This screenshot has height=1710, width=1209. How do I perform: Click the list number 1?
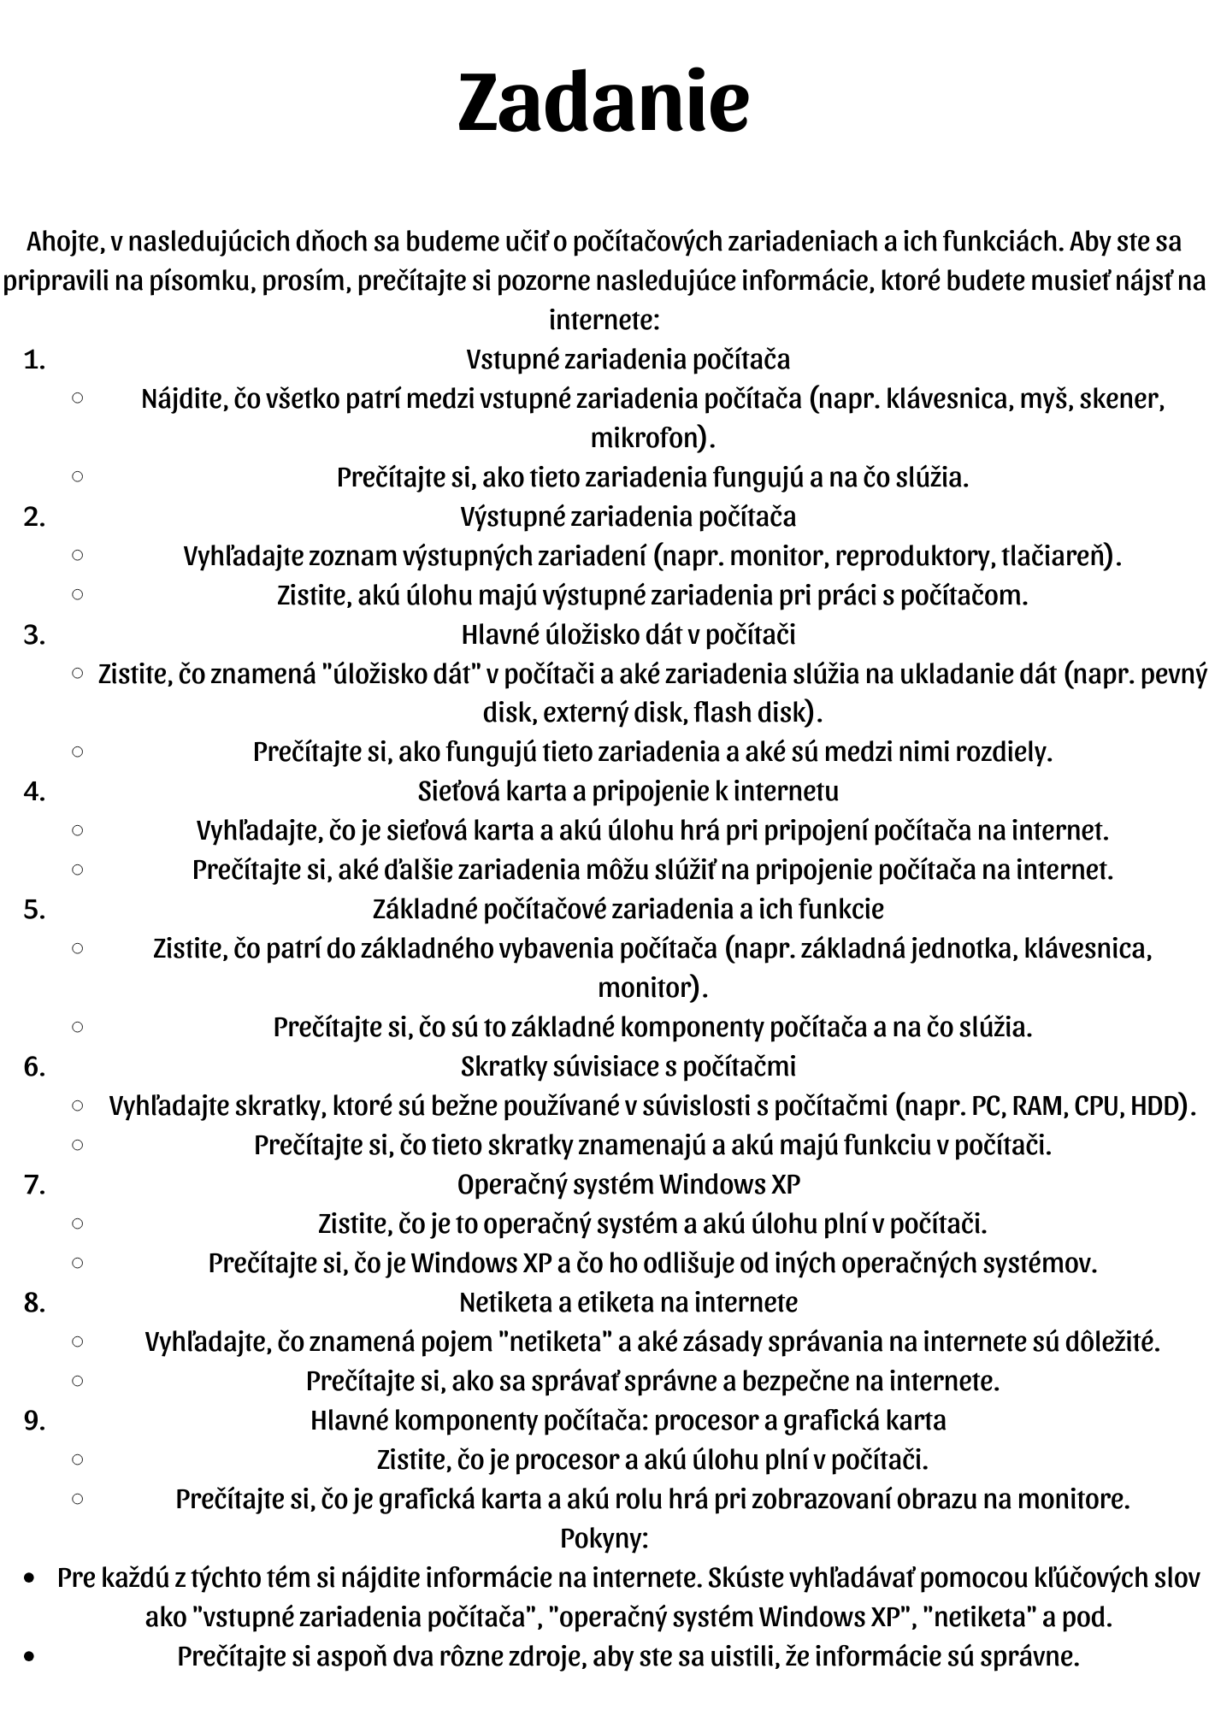(34, 360)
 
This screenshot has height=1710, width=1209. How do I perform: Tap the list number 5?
(34, 910)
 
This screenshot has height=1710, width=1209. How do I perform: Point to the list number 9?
(34, 1421)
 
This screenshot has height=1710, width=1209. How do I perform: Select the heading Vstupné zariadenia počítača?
(628, 360)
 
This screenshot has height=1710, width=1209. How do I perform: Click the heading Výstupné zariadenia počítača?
(628, 517)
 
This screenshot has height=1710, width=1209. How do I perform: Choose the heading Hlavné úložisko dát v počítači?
(628, 635)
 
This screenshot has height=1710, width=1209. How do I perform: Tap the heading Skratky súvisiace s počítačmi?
(628, 1067)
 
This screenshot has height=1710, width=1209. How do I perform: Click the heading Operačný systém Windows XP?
(628, 1185)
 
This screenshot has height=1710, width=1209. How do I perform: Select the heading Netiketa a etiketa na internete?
(628, 1303)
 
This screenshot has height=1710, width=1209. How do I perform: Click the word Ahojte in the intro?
(64, 242)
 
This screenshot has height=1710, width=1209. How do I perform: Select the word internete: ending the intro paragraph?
(604, 321)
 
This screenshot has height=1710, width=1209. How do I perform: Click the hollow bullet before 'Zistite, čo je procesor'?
(77, 1459)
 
